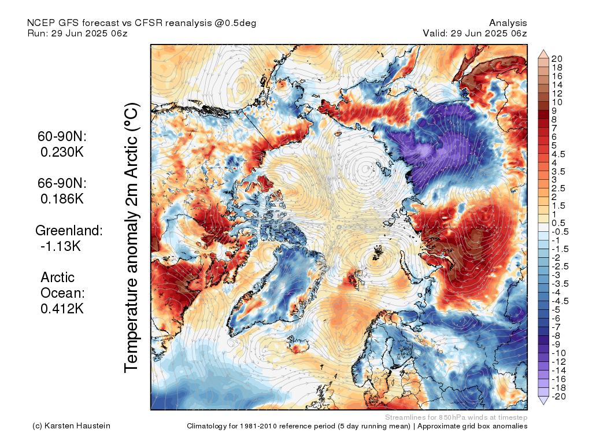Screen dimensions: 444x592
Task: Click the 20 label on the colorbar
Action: point(557,59)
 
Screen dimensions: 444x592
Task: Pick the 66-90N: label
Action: point(62,183)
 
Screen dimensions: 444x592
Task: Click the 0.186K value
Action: point(62,199)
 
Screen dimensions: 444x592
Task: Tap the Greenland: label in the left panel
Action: point(69,231)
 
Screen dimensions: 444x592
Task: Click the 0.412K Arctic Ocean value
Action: point(62,309)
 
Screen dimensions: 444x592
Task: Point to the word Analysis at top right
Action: point(508,23)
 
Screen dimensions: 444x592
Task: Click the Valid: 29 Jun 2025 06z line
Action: point(475,33)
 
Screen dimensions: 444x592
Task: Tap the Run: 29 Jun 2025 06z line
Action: point(77,33)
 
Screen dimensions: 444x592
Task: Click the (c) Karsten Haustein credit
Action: point(72,426)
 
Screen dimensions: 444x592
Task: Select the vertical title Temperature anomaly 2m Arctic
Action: point(132,238)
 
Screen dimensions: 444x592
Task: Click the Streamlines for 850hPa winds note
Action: point(456,417)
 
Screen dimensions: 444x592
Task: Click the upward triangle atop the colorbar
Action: point(543,54)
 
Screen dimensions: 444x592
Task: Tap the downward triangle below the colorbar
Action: point(543,401)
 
